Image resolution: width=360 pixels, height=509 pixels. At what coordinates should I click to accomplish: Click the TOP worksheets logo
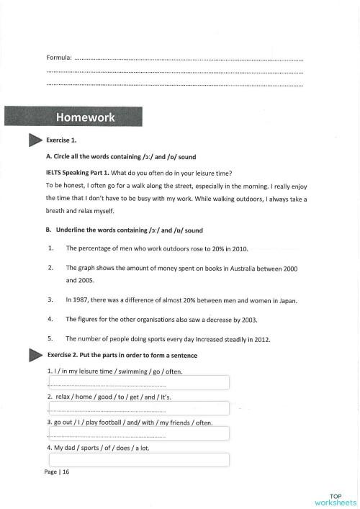[335, 499]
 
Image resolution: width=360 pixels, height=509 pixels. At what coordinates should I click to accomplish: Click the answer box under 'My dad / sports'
[139, 459]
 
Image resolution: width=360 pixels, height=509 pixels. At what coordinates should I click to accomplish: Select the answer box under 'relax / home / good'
[139, 408]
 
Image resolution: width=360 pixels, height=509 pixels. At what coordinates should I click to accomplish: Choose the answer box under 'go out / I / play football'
[139, 433]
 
